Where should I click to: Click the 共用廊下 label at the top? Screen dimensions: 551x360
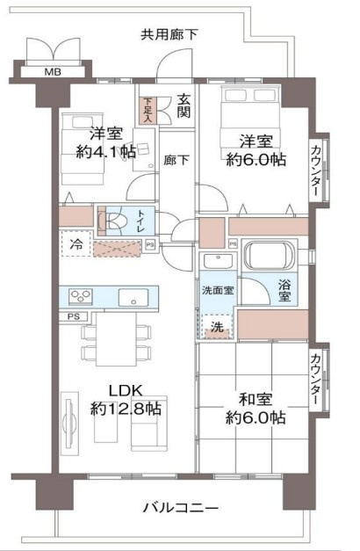tap(169, 34)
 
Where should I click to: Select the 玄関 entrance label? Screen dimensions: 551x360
tap(184, 108)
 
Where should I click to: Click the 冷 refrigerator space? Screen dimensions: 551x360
tap(77, 243)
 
